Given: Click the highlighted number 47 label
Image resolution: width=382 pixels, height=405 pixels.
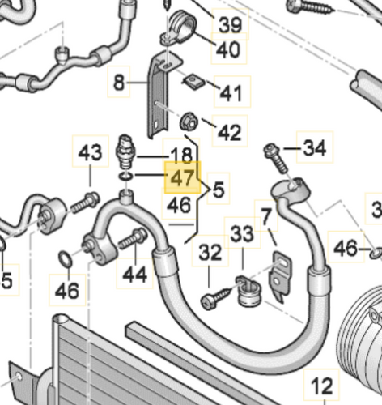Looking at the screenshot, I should click(182, 176).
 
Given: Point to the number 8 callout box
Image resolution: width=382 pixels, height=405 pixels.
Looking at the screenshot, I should click(119, 81).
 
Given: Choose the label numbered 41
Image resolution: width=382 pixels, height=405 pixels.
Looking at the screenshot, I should click(230, 94).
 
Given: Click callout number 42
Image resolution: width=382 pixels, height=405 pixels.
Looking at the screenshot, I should click(230, 131).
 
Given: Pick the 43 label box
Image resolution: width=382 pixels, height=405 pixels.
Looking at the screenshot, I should click(91, 152).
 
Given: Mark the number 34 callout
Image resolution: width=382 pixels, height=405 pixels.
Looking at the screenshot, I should click(313, 147).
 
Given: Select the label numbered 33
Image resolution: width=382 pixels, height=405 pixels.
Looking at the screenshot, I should click(241, 235).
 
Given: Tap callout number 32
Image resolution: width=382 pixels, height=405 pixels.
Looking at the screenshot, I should click(210, 253).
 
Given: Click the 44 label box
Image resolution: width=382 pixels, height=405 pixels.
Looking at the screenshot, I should click(135, 275).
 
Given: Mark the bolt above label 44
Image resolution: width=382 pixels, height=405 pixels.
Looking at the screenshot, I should click(131, 241).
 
